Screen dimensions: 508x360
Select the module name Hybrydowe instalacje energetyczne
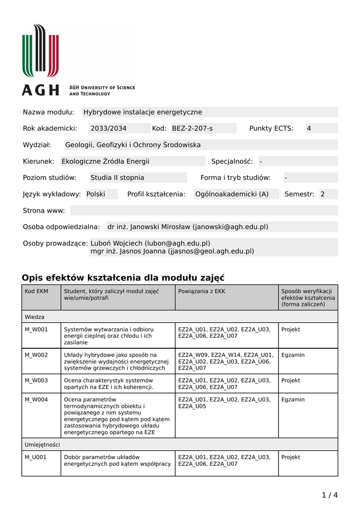coord(143,112)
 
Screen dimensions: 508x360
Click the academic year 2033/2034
coord(108,128)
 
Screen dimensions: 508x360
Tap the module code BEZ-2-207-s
coord(192,128)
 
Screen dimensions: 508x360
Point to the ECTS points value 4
coord(309,128)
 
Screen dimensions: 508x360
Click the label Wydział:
coord(37,145)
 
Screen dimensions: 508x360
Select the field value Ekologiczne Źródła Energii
coord(105,161)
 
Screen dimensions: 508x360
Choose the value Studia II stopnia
coord(117,178)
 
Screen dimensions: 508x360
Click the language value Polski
coord(96,194)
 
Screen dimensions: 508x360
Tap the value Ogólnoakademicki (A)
coord(232,194)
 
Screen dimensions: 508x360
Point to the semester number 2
coord(322,194)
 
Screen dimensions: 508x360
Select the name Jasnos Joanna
coord(144,251)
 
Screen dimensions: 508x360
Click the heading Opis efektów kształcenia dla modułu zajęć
coord(123,277)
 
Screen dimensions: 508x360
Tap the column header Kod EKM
coord(36,291)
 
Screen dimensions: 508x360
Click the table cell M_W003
coord(36,381)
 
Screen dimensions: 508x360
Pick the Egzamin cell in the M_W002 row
coord(293,355)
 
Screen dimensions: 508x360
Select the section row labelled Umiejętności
coord(42,444)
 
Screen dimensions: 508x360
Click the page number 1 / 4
coord(330,495)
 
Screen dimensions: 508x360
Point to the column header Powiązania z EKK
coord(202,291)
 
